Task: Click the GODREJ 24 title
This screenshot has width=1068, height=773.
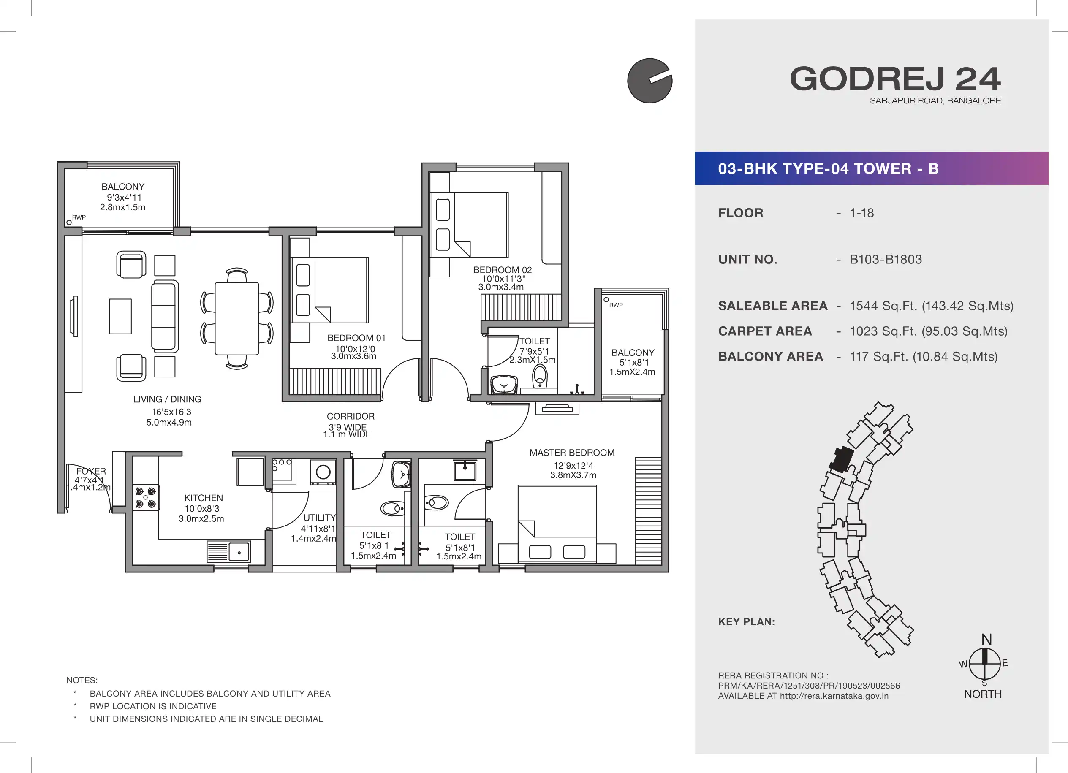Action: pos(895,79)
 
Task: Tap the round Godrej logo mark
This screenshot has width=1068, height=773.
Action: pos(650,81)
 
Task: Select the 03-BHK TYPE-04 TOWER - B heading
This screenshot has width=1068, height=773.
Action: pos(828,168)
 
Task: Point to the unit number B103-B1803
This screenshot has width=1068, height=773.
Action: pos(886,259)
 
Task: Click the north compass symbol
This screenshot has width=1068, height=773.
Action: pos(985,663)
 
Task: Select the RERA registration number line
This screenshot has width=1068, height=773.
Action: pos(809,686)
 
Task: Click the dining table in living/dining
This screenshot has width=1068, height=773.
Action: pos(237,319)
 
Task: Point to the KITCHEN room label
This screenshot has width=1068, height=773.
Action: pos(204,498)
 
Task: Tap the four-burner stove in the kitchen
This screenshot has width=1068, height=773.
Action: pos(146,498)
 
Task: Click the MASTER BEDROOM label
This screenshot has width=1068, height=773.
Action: pos(572,453)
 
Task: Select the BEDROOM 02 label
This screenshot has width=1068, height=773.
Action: pos(503,270)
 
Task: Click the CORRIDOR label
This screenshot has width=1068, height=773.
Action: pos(351,417)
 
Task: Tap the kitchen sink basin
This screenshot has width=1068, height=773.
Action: pos(239,552)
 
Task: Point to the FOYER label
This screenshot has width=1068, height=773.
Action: pos(91,471)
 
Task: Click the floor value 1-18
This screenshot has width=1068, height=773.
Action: pos(862,213)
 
